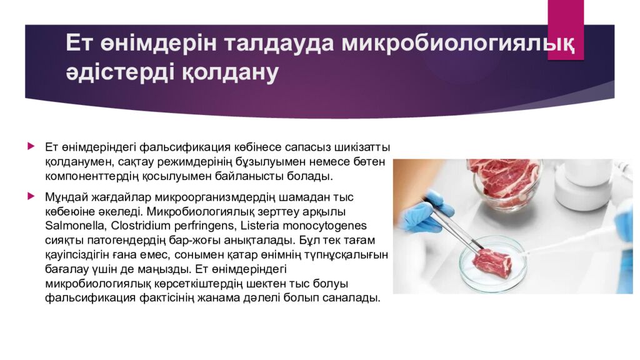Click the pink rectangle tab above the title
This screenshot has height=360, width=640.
pos(565,30)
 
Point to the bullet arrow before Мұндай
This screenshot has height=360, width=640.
pos(31,196)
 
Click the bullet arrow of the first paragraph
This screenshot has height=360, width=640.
pos(31,146)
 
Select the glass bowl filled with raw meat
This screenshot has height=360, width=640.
pos(505,184)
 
